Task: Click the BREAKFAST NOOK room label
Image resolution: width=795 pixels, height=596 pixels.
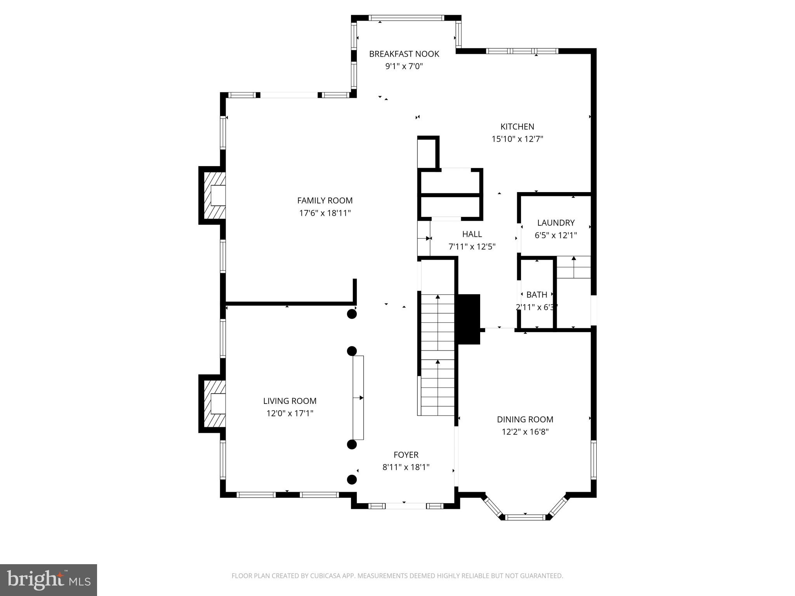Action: pyautogui.click(x=404, y=54)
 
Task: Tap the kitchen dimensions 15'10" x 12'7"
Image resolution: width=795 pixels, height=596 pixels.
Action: pyautogui.click(x=517, y=139)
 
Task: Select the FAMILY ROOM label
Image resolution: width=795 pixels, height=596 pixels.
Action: pyautogui.click(x=325, y=201)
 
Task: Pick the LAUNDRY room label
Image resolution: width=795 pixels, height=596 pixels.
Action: pyautogui.click(x=555, y=223)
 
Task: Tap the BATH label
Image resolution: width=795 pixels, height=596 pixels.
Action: pyautogui.click(x=536, y=295)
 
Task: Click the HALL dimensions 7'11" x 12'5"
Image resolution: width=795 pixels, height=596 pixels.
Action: pyautogui.click(x=472, y=246)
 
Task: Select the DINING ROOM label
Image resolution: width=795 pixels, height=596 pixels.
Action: pyautogui.click(x=525, y=419)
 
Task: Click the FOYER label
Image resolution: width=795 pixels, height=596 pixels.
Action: pyautogui.click(x=406, y=455)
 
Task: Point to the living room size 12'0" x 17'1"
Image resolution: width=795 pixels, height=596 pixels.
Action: pyautogui.click(x=290, y=413)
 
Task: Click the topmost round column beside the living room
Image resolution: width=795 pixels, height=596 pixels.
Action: pyautogui.click(x=352, y=314)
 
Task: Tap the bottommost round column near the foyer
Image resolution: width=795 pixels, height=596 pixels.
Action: pyautogui.click(x=352, y=480)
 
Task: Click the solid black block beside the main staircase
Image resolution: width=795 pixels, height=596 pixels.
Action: pyautogui.click(x=469, y=319)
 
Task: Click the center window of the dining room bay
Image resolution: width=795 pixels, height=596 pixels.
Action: pyautogui.click(x=525, y=517)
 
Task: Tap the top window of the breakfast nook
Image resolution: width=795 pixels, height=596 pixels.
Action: pyautogui.click(x=406, y=18)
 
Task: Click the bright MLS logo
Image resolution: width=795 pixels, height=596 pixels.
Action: pyautogui.click(x=49, y=580)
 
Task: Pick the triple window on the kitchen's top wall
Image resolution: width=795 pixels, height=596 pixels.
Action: pyautogui.click(x=522, y=51)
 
